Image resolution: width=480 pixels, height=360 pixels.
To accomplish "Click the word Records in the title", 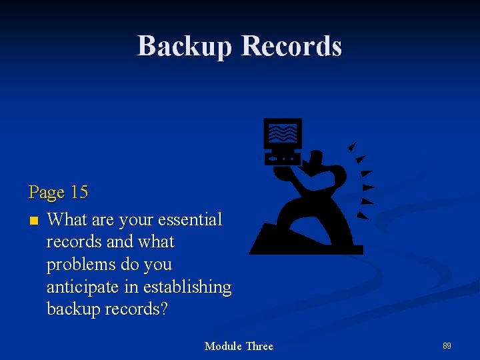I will click(x=291, y=46).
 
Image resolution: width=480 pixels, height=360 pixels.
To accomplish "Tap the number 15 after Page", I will click(x=79, y=193).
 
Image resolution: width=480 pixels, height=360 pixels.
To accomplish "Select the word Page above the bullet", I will click(x=47, y=193).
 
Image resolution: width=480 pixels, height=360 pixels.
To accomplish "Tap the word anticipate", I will click(x=83, y=287).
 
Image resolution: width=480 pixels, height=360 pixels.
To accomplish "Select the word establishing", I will click(x=187, y=287).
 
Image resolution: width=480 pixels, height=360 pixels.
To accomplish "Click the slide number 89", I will click(x=447, y=346).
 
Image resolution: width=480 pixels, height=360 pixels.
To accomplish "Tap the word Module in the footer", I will click(x=223, y=346).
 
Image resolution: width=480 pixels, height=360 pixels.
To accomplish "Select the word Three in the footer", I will click(x=259, y=346).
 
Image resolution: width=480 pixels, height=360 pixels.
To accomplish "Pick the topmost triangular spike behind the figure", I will click(x=353, y=146).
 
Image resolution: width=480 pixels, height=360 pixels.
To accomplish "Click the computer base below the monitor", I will click(x=283, y=159).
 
